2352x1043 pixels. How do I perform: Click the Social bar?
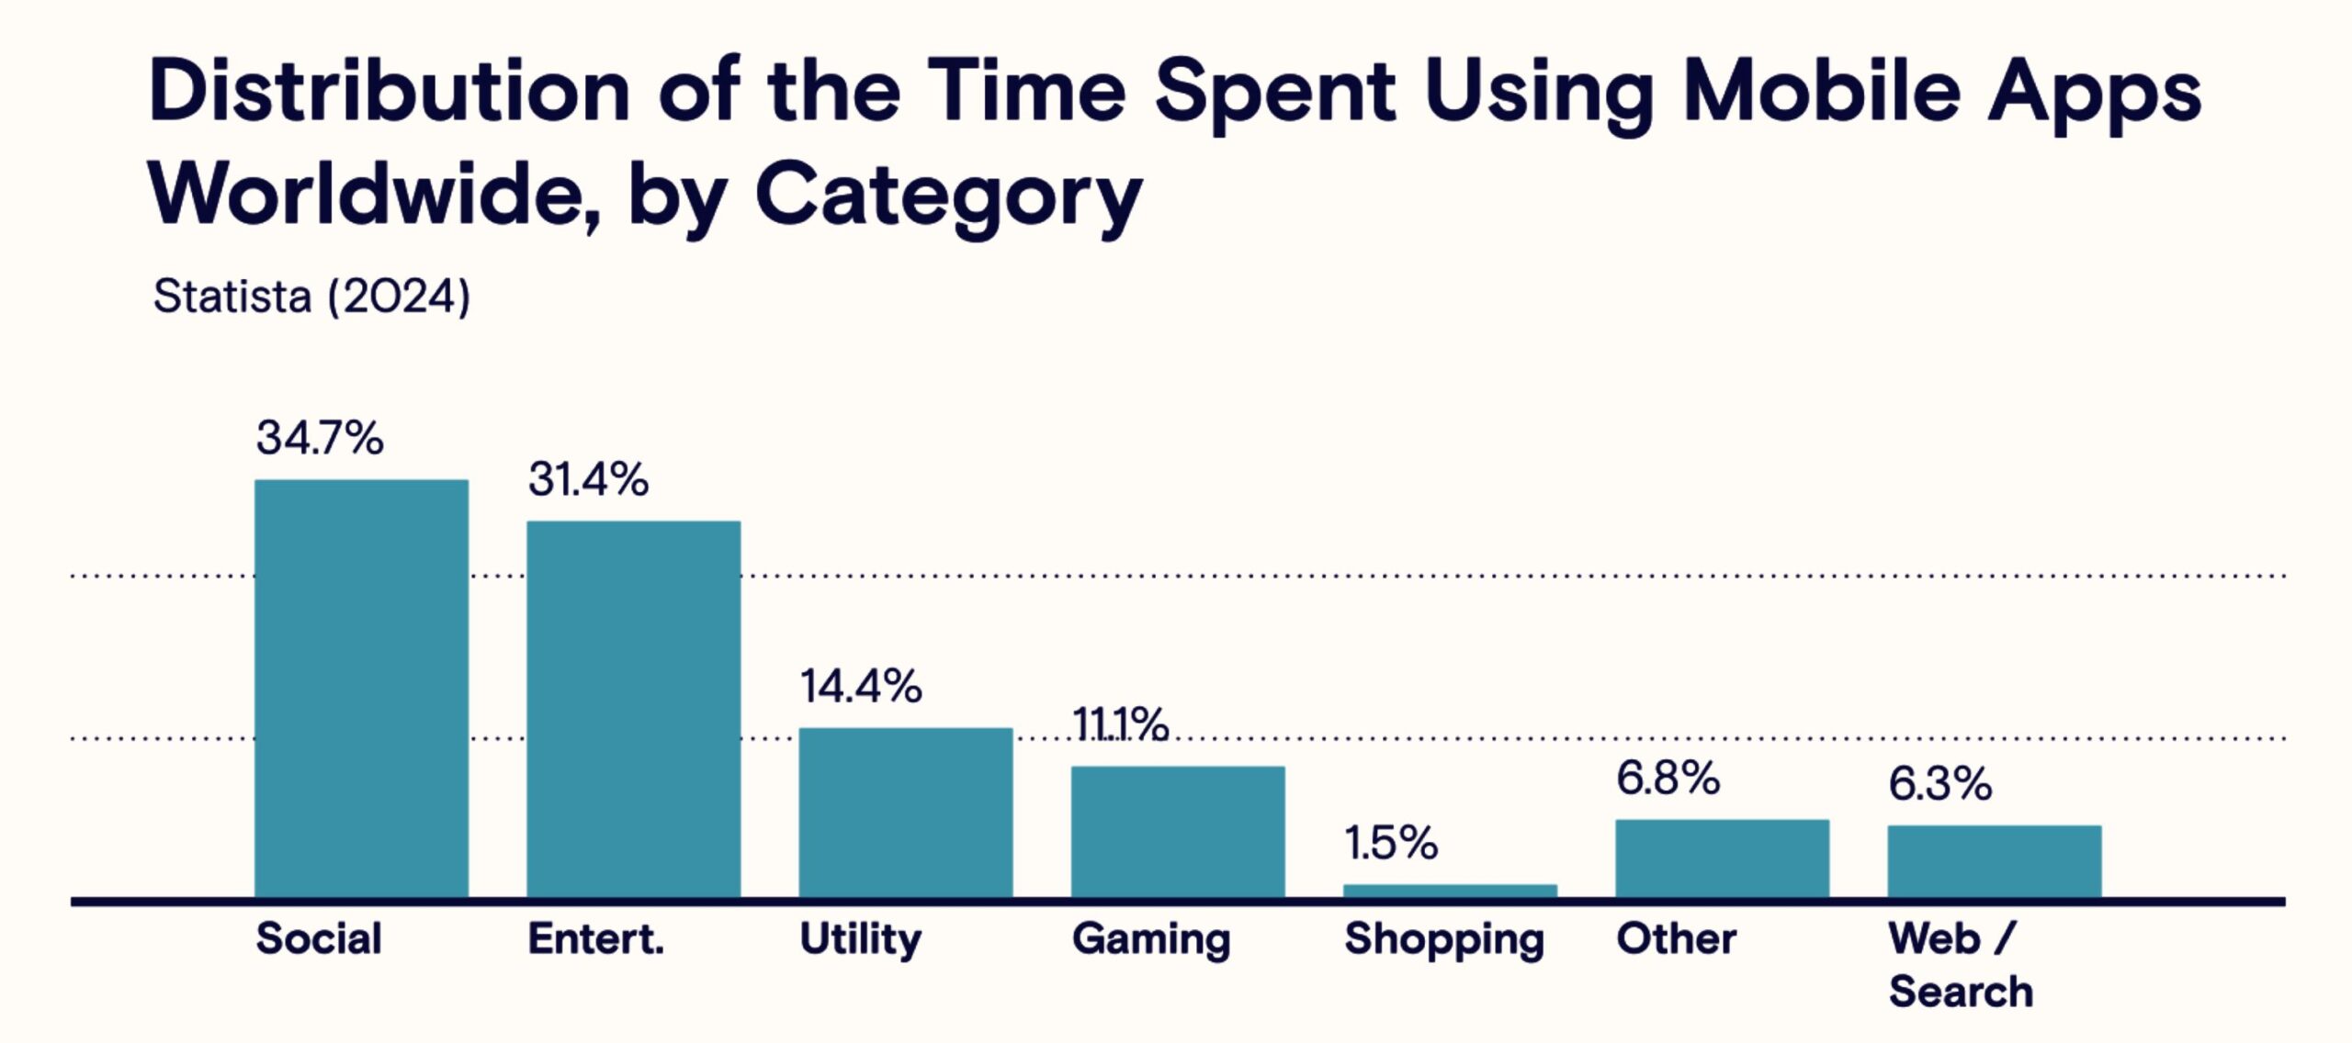(x=361, y=689)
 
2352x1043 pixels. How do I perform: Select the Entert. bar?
(x=633, y=709)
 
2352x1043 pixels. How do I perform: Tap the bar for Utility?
(x=905, y=813)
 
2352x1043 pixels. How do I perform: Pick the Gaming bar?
(x=1177, y=832)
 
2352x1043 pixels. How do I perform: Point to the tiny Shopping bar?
(x=1450, y=891)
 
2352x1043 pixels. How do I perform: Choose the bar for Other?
(x=1722, y=858)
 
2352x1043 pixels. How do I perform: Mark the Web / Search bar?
(x=1994, y=861)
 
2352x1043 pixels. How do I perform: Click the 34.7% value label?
(x=320, y=438)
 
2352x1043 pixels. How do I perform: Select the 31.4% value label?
(x=588, y=480)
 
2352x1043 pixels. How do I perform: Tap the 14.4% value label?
(x=861, y=687)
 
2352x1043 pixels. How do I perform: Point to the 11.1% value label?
(x=1120, y=725)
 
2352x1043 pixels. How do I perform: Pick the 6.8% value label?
(x=1668, y=779)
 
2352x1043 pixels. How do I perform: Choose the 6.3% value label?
(x=1939, y=785)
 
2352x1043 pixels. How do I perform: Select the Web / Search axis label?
(x=1960, y=965)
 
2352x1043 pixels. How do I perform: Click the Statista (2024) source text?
(x=311, y=297)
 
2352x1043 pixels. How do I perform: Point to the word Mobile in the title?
(x=1821, y=92)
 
